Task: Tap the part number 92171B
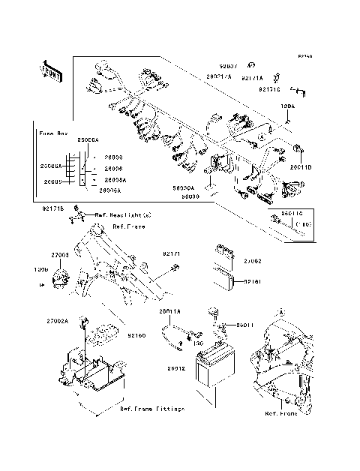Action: (x=53, y=207)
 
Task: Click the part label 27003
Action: (x=59, y=256)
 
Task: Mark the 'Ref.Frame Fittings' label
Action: (x=151, y=409)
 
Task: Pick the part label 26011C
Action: (x=292, y=214)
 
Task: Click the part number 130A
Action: (x=287, y=107)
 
